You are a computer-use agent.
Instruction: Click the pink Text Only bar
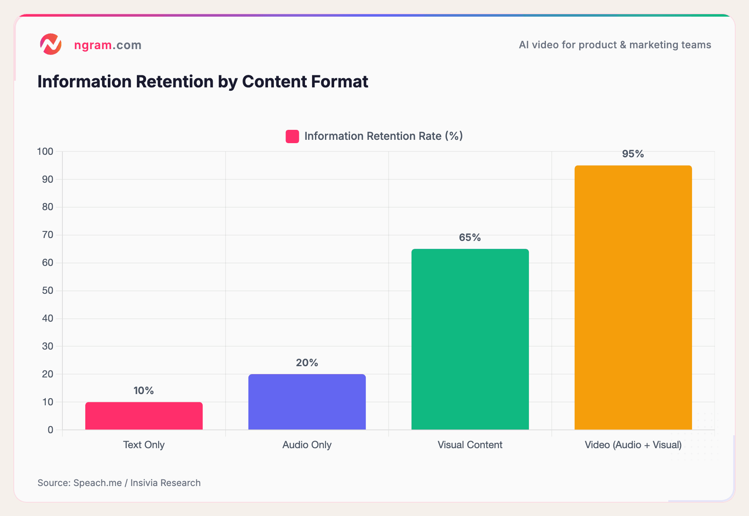[144, 416]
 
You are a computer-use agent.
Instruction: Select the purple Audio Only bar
[307, 402]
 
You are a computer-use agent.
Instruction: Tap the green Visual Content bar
[470, 339]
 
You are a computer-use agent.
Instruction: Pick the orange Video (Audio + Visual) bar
[633, 298]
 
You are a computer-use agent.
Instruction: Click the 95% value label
[633, 154]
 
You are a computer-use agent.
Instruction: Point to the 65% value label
[470, 238]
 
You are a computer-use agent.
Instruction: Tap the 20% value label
[307, 363]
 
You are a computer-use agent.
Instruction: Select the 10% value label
[144, 391]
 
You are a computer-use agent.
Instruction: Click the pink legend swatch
[292, 136]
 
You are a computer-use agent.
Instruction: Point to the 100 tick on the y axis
[45, 151]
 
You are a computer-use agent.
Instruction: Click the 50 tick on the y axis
[48, 290]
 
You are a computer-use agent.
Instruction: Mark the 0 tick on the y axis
[50, 430]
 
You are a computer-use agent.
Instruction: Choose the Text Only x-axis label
[144, 445]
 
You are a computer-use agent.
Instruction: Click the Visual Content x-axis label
[470, 445]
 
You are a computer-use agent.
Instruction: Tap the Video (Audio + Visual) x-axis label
[633, 445]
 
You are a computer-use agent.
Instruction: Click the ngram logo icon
[51, 44]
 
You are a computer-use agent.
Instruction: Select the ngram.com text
[108, 45]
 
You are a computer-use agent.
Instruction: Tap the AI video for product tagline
[615, 45]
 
